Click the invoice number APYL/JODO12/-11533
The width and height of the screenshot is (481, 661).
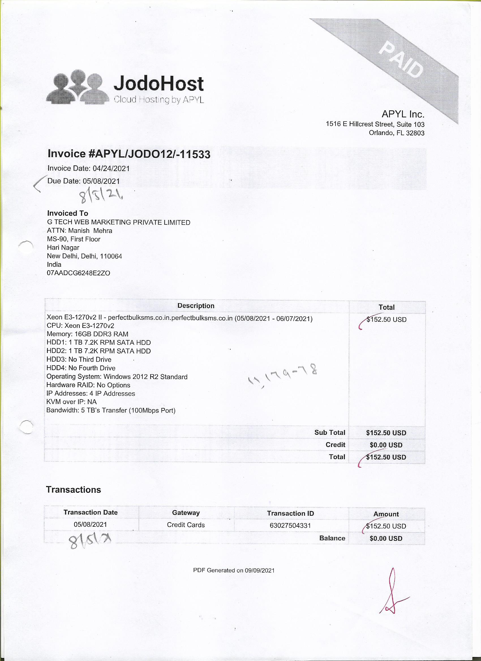(x=149, y=154)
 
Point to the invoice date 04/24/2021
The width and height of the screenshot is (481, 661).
(x=111, y=169)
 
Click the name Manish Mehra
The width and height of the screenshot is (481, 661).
(x=90, y=230)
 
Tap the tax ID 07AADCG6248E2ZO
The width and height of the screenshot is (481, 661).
(x=78, y=273)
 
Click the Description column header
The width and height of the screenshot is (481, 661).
(x=196, y=306)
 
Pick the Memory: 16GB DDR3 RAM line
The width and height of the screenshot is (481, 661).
(x=87, y=334)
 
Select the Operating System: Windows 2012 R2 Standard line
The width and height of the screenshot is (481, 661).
(x=117, y=377)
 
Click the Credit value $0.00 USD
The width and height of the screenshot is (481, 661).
(x=386, y=445)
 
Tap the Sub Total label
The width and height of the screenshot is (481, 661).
(x=329, y=433)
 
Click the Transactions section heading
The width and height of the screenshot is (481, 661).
(x=74, y=490)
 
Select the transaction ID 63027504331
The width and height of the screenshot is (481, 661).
(x=290, y=526)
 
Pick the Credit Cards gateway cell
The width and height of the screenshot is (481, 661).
(x=186, y=525)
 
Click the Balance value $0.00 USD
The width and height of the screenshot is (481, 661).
(x=386, y=538)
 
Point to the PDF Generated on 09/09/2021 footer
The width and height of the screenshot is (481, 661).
(x=234, y=570)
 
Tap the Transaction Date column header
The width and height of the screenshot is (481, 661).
(x=91, y=512)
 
